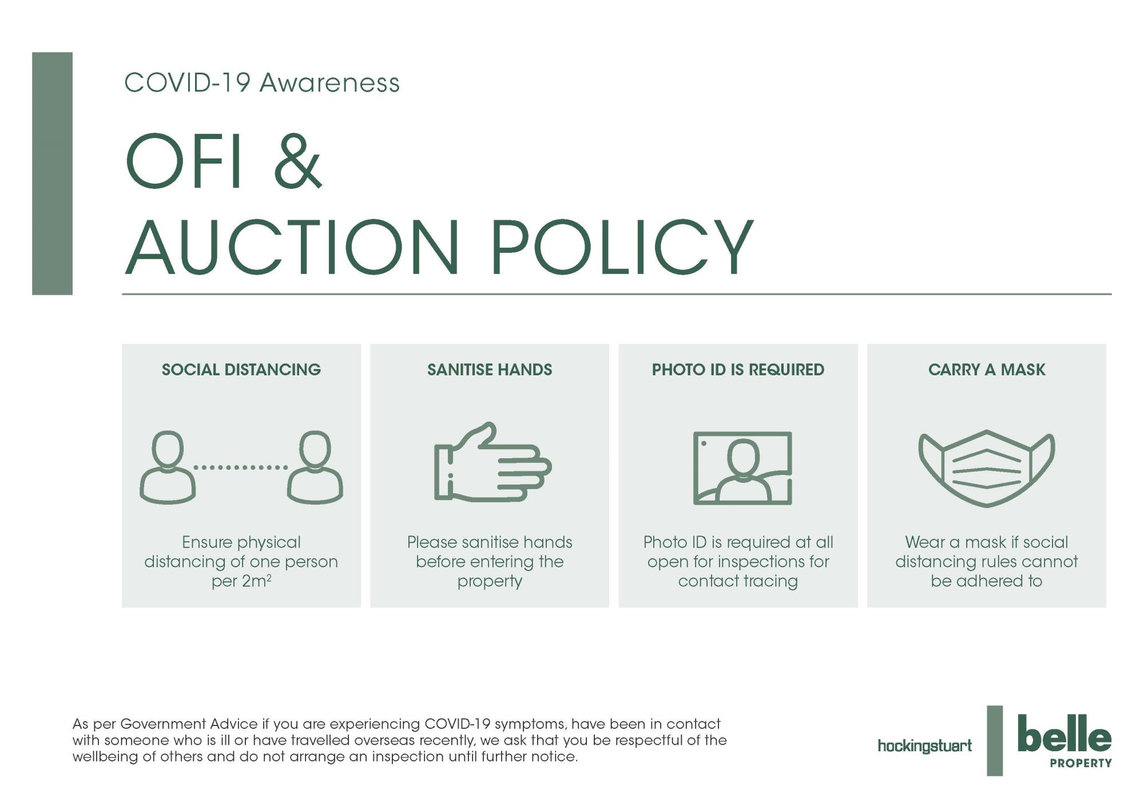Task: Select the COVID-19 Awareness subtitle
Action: pyautogui.click(x=262, y=82)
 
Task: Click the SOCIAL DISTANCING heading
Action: pyautogui.click(x=241, y=370)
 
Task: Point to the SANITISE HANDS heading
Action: pyautogui.click(x=490, y=370)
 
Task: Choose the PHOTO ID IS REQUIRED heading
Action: pyautogui.click(x=738, y=370)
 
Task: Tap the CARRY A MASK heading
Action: pyautogui.click(x=987, y=370)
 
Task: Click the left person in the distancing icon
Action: pyautogui.click(x=168, y=467)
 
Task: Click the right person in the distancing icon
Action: pyautogui.click(x=315, y=467)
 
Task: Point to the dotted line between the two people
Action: pyautogui.click(x=241, y=467)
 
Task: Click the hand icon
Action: pyautogui.click(x=492, y=462)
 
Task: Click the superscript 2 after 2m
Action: pyautogui.click(x=269, y=578)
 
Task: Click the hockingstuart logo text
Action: pyautogui.click(x=924, y=746)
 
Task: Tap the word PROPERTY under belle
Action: pyautogui.click(x=1081, y=763)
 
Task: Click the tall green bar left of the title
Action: pyautogui.click(x=52, y=173)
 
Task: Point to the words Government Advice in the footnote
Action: pyautogui.click(x=189, y=724)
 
